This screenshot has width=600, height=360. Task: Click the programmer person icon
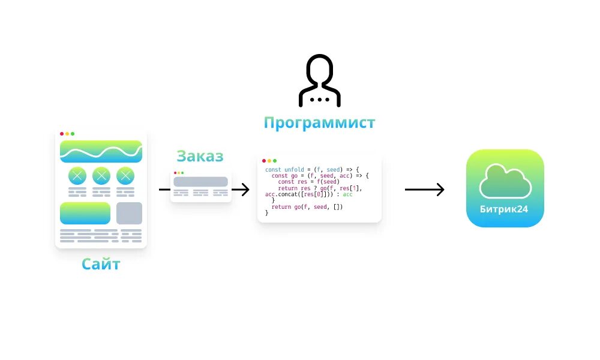click(319, 80)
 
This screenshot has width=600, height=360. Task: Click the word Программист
click(319, 122)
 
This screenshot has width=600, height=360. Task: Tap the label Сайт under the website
click(101, 263)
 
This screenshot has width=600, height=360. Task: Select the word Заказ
click(200, 156)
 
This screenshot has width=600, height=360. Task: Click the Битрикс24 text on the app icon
click(505, 208)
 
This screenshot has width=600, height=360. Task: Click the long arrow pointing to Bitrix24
click(424, 190)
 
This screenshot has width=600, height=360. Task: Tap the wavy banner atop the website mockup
click(101, 151)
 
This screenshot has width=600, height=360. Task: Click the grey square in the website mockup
click(129, 213)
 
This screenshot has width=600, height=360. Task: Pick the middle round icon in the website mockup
click(101, 176)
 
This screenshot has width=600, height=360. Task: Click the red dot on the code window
click(264, 161)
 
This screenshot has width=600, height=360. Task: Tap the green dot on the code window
click(275, 161)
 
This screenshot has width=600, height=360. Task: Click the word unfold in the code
click(294, 170)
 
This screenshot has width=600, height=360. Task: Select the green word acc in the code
click(347, 194)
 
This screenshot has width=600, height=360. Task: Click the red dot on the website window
click(62, 133)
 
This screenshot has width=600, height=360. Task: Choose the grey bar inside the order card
click(200, 181)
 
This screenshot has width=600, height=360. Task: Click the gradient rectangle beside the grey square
click(85, 213)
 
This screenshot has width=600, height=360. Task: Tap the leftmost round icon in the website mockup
click(77, 176)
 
